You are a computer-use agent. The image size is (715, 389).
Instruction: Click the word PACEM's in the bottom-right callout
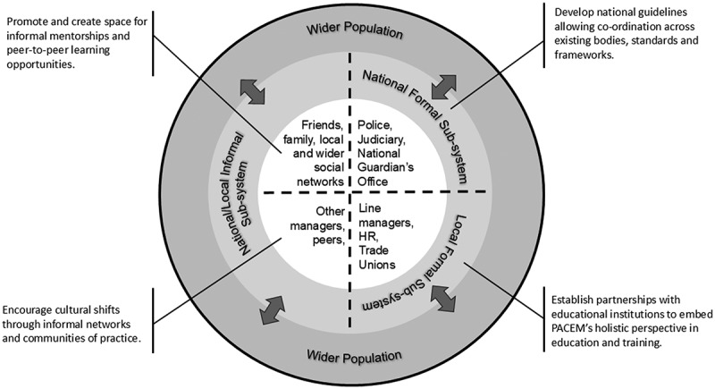(x=586, y=329)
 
